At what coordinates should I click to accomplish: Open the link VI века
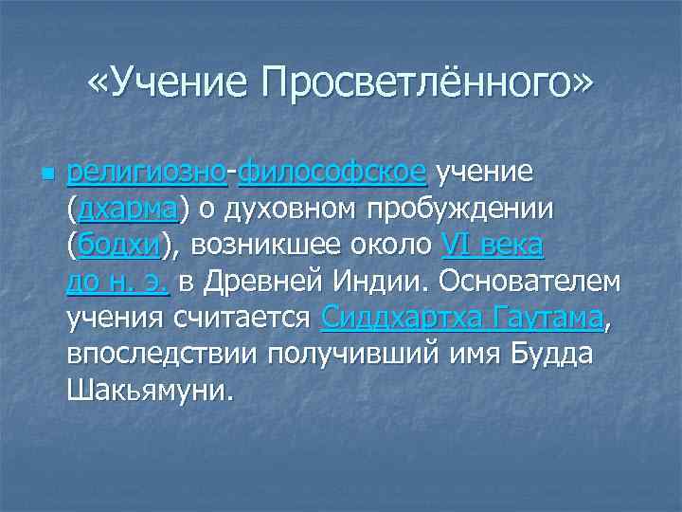point(493,245)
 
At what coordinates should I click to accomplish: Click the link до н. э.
point(118,281)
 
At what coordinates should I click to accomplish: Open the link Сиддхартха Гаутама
point(461,317)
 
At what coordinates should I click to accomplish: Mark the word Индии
point(385,281)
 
